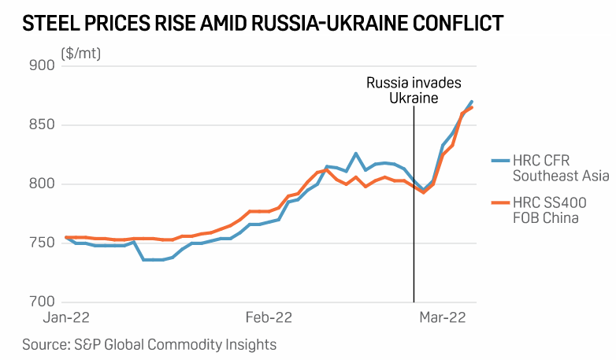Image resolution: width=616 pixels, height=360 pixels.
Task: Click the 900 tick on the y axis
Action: [42, 65]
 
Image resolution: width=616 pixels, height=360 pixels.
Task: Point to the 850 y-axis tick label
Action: [42, 124]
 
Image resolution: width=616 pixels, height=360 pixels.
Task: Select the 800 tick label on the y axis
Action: [42, 184]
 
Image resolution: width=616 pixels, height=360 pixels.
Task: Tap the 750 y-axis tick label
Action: [42, 243]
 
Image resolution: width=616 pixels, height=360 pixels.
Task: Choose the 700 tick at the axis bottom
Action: [42, 301]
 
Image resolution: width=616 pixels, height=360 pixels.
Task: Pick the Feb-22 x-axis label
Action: [269, 318]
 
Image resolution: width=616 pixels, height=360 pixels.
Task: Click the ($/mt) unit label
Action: [80, 54]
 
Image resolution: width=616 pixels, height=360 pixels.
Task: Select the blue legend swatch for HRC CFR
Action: [499, 159]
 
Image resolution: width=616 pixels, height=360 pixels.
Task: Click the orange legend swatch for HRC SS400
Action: [499, 202]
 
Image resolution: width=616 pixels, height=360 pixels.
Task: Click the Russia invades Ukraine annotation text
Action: [413, 90]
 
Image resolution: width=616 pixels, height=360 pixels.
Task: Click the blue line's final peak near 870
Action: [472, 102]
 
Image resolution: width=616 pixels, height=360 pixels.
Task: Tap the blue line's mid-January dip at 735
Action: [154, 259]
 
